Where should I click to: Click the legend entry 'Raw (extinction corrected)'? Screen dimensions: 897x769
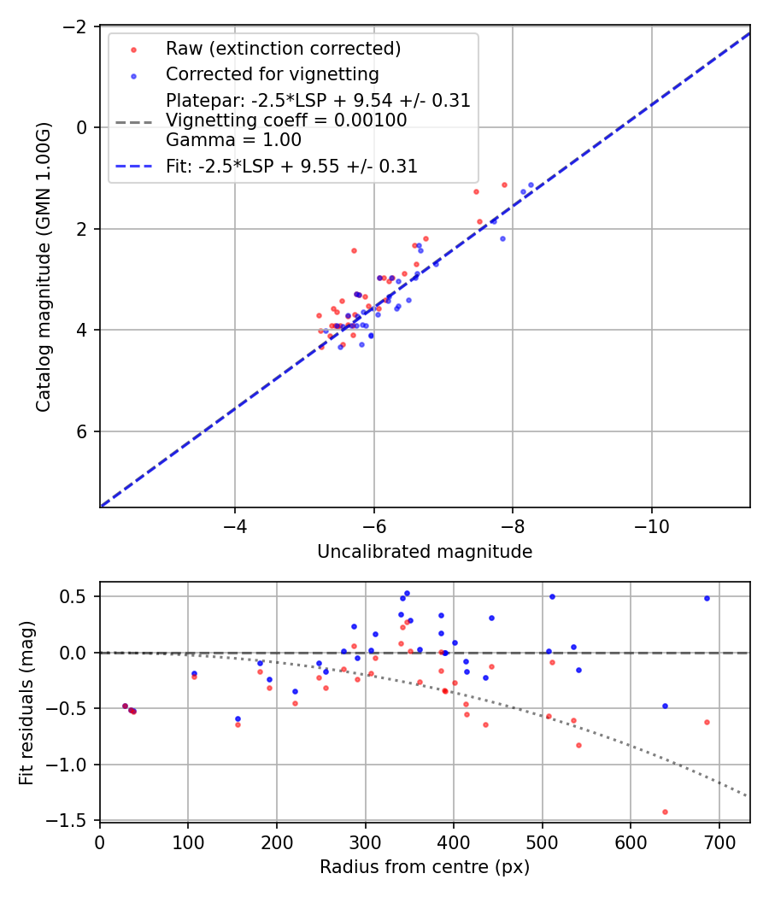pyautogui.click(x=283, y=48)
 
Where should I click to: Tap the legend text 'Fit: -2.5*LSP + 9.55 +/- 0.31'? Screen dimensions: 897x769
pyautogui.click(x=291, y=167)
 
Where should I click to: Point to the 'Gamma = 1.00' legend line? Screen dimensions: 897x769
pyautogui.click(x=233, y=139)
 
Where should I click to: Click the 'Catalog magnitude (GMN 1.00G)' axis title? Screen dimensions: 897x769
pyautogui.click(x=44, y=267)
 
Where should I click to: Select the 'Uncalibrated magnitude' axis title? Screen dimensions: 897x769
pyautogui.click(x=425, y=552)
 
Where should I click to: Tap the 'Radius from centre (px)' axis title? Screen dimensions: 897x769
pyautogui.click(x=425, y=866)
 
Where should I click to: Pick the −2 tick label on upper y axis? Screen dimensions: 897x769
pyautogui.click(x=76, y=26)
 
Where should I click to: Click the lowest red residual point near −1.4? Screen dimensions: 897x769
pyautogui.click(x=665, y=812)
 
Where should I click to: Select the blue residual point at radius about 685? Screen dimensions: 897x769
pyautogui.click(x=707, y=598)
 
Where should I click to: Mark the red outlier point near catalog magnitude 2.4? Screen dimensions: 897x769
pyautogui.click(x=354, y=250)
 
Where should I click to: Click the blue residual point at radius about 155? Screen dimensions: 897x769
pyautogui.click(x=238, y=718)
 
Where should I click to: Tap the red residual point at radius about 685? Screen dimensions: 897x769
pyautogui.click(x=707, y=722)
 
